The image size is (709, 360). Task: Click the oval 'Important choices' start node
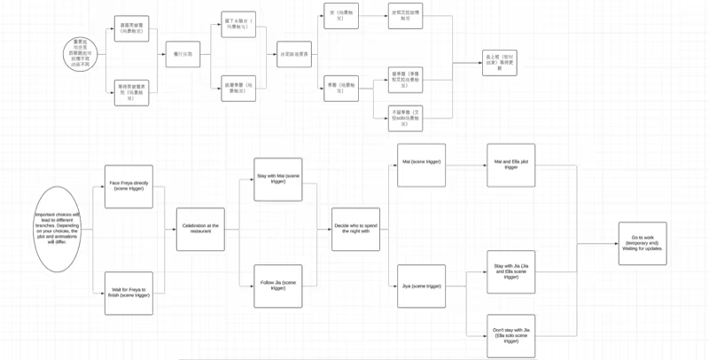[58, 225]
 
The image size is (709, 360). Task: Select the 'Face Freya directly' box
[129, 186]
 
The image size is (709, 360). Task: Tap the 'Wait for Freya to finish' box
[129, 293]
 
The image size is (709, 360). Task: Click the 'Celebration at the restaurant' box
[200, 229]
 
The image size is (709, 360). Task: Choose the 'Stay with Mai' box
[277, 180]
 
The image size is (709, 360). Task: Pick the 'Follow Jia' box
[277, 286]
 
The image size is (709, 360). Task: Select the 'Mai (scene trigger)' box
[421, 164]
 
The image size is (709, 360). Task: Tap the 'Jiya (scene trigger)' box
[421, 286]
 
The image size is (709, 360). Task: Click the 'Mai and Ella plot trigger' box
[511, 164]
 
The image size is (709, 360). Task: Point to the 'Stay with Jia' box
[511, 271]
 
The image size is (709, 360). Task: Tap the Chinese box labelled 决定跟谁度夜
[294, 53]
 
